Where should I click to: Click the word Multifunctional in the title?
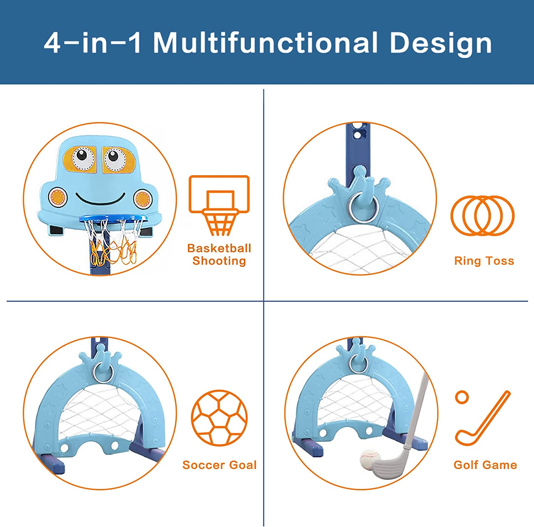point(265,43)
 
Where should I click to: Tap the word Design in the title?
point(441,43)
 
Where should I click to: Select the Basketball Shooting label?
point(219,254)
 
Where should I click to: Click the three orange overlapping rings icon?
point(482,215)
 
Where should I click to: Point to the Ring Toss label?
point(484,261)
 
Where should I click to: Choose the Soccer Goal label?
point(219,465)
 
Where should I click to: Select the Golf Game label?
point(485,465)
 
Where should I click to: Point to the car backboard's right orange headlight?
point(142,198)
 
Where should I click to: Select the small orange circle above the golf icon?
point(462,397)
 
